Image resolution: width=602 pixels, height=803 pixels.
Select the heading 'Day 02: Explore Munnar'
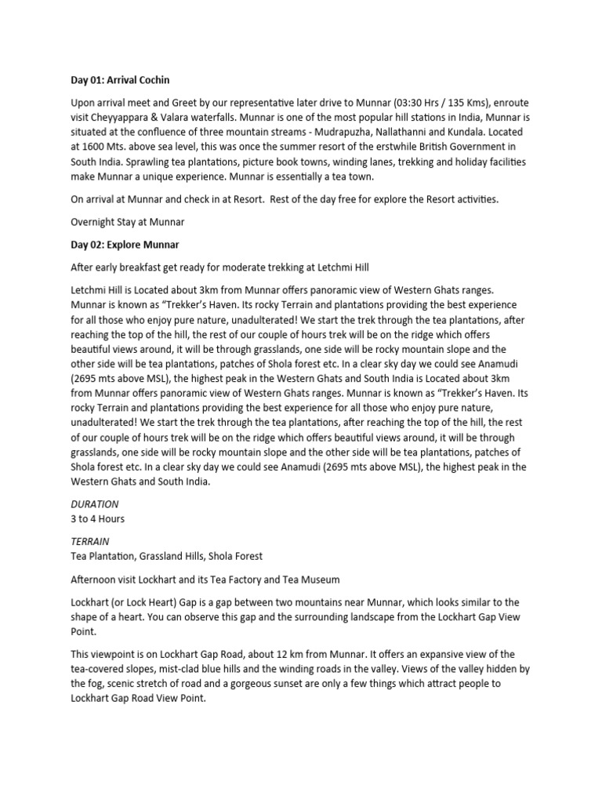coord(125,245)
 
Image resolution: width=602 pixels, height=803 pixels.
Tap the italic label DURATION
coord(94,505)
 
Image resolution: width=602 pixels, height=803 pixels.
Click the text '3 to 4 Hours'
coord(97,518)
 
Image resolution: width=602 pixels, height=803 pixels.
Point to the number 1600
coord(96,147)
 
